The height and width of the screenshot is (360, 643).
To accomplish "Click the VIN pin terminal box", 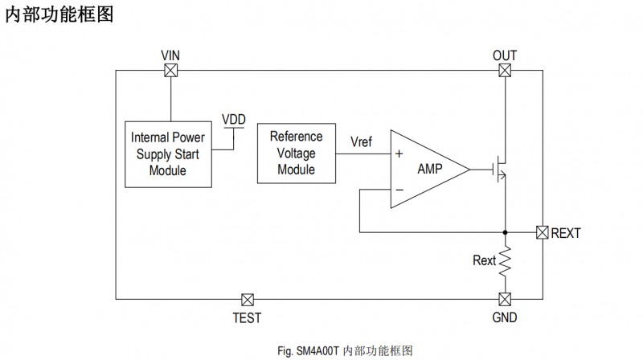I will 170,71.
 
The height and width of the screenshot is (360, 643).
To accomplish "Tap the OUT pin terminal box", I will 504,71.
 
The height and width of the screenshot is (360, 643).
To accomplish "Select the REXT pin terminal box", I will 543,233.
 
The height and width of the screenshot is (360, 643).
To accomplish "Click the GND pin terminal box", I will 504,299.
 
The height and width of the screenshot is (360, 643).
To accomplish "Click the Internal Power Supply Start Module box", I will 168,153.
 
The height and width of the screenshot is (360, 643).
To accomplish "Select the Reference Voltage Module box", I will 296,153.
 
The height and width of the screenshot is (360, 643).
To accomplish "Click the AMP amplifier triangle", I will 426,170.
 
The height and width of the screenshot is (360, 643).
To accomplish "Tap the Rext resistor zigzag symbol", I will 505,262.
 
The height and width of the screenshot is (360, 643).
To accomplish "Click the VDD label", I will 234,120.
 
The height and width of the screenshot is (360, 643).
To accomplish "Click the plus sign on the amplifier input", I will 399,153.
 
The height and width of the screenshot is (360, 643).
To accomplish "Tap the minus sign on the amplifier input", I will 399,190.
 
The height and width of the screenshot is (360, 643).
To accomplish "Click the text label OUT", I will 504,55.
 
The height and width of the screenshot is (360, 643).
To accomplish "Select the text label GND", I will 504,317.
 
